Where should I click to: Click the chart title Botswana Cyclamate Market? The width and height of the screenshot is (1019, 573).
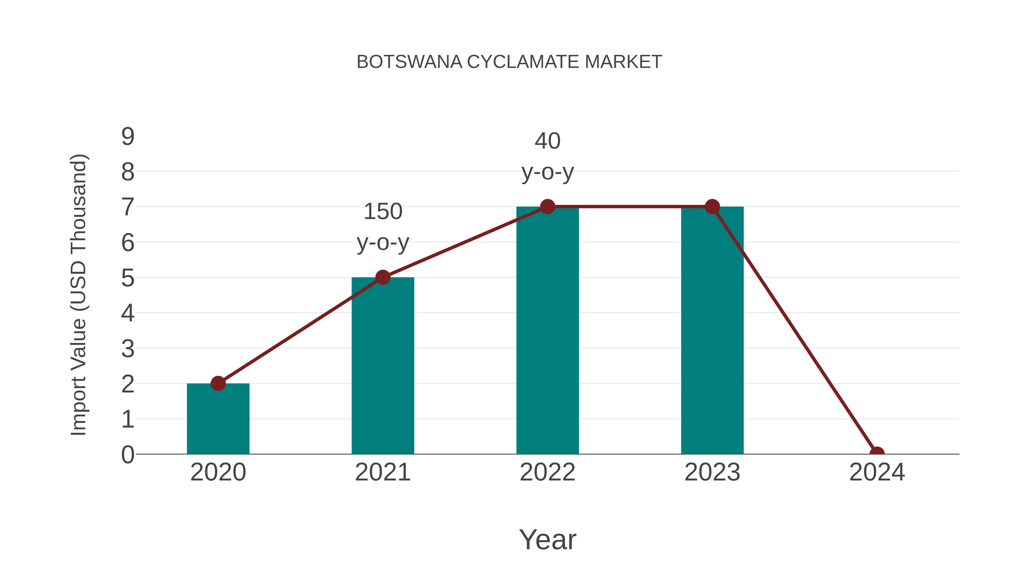pyautogui.click(x=509, y=62)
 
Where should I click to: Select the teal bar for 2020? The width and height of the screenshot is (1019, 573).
pyautogui.click(x=218, y=419)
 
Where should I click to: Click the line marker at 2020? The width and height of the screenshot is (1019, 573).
pyautogui.click(x=218, y=383)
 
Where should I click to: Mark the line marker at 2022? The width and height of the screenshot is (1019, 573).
pyautogui.click(x=547, y=207)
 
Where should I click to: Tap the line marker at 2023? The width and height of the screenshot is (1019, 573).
pyautogui.click(x=712, y=207)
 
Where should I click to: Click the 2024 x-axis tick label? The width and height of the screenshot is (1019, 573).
pyautogui.click(x=877, y=472)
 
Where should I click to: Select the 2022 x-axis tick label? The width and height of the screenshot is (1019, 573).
pyautogui.click(x=547, y=472)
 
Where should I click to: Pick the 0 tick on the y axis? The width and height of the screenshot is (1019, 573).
pyautogui.click(x=128, y=454)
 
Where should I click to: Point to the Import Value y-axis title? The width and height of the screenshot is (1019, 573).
pyautogui.click(x=78, y=295)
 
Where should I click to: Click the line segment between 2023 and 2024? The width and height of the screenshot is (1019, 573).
pyautogui.click(x=794, y=330)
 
